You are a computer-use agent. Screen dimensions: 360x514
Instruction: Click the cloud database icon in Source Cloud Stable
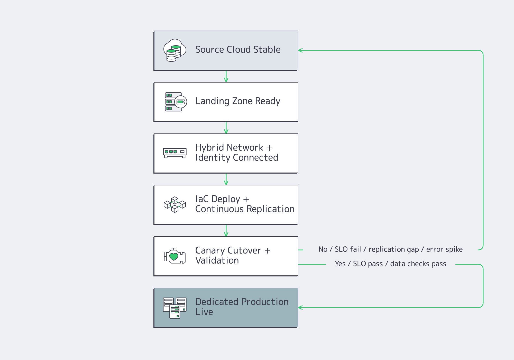click(x=175, y=50)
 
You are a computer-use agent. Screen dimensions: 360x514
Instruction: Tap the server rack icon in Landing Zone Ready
click(x=176, y=102)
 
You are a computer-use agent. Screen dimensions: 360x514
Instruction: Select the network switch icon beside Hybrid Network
click(x=175, y=153)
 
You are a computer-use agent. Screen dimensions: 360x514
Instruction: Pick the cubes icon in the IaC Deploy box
click(x=175, y=205)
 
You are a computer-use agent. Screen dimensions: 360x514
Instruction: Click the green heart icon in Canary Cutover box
click(x=174, y=256)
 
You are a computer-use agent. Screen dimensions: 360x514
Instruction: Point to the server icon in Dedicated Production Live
click(x=175, y=308)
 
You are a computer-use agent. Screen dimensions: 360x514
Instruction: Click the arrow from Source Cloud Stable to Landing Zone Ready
click(x=226, y=76)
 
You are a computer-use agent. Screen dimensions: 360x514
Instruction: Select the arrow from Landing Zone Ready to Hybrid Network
click(x=226, y=128)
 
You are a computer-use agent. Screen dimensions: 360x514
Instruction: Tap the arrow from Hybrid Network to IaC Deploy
click(x=226, y=179)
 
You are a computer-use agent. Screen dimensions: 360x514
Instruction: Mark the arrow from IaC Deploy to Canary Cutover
click(x=226, y=231)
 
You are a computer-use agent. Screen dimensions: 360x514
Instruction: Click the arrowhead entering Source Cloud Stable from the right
click(x=300, y=50)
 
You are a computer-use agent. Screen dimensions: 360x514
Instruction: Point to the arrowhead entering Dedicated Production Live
click(x=300, y=308)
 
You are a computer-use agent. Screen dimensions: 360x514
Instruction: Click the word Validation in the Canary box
click(x=217, y=260)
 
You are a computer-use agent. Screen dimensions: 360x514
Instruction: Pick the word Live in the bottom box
click(x=204, y=312)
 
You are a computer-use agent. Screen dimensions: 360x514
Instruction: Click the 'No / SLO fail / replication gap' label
click(x=390, y=249)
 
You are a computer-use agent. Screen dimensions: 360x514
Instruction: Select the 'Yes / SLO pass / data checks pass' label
click(x=390, y=264)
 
